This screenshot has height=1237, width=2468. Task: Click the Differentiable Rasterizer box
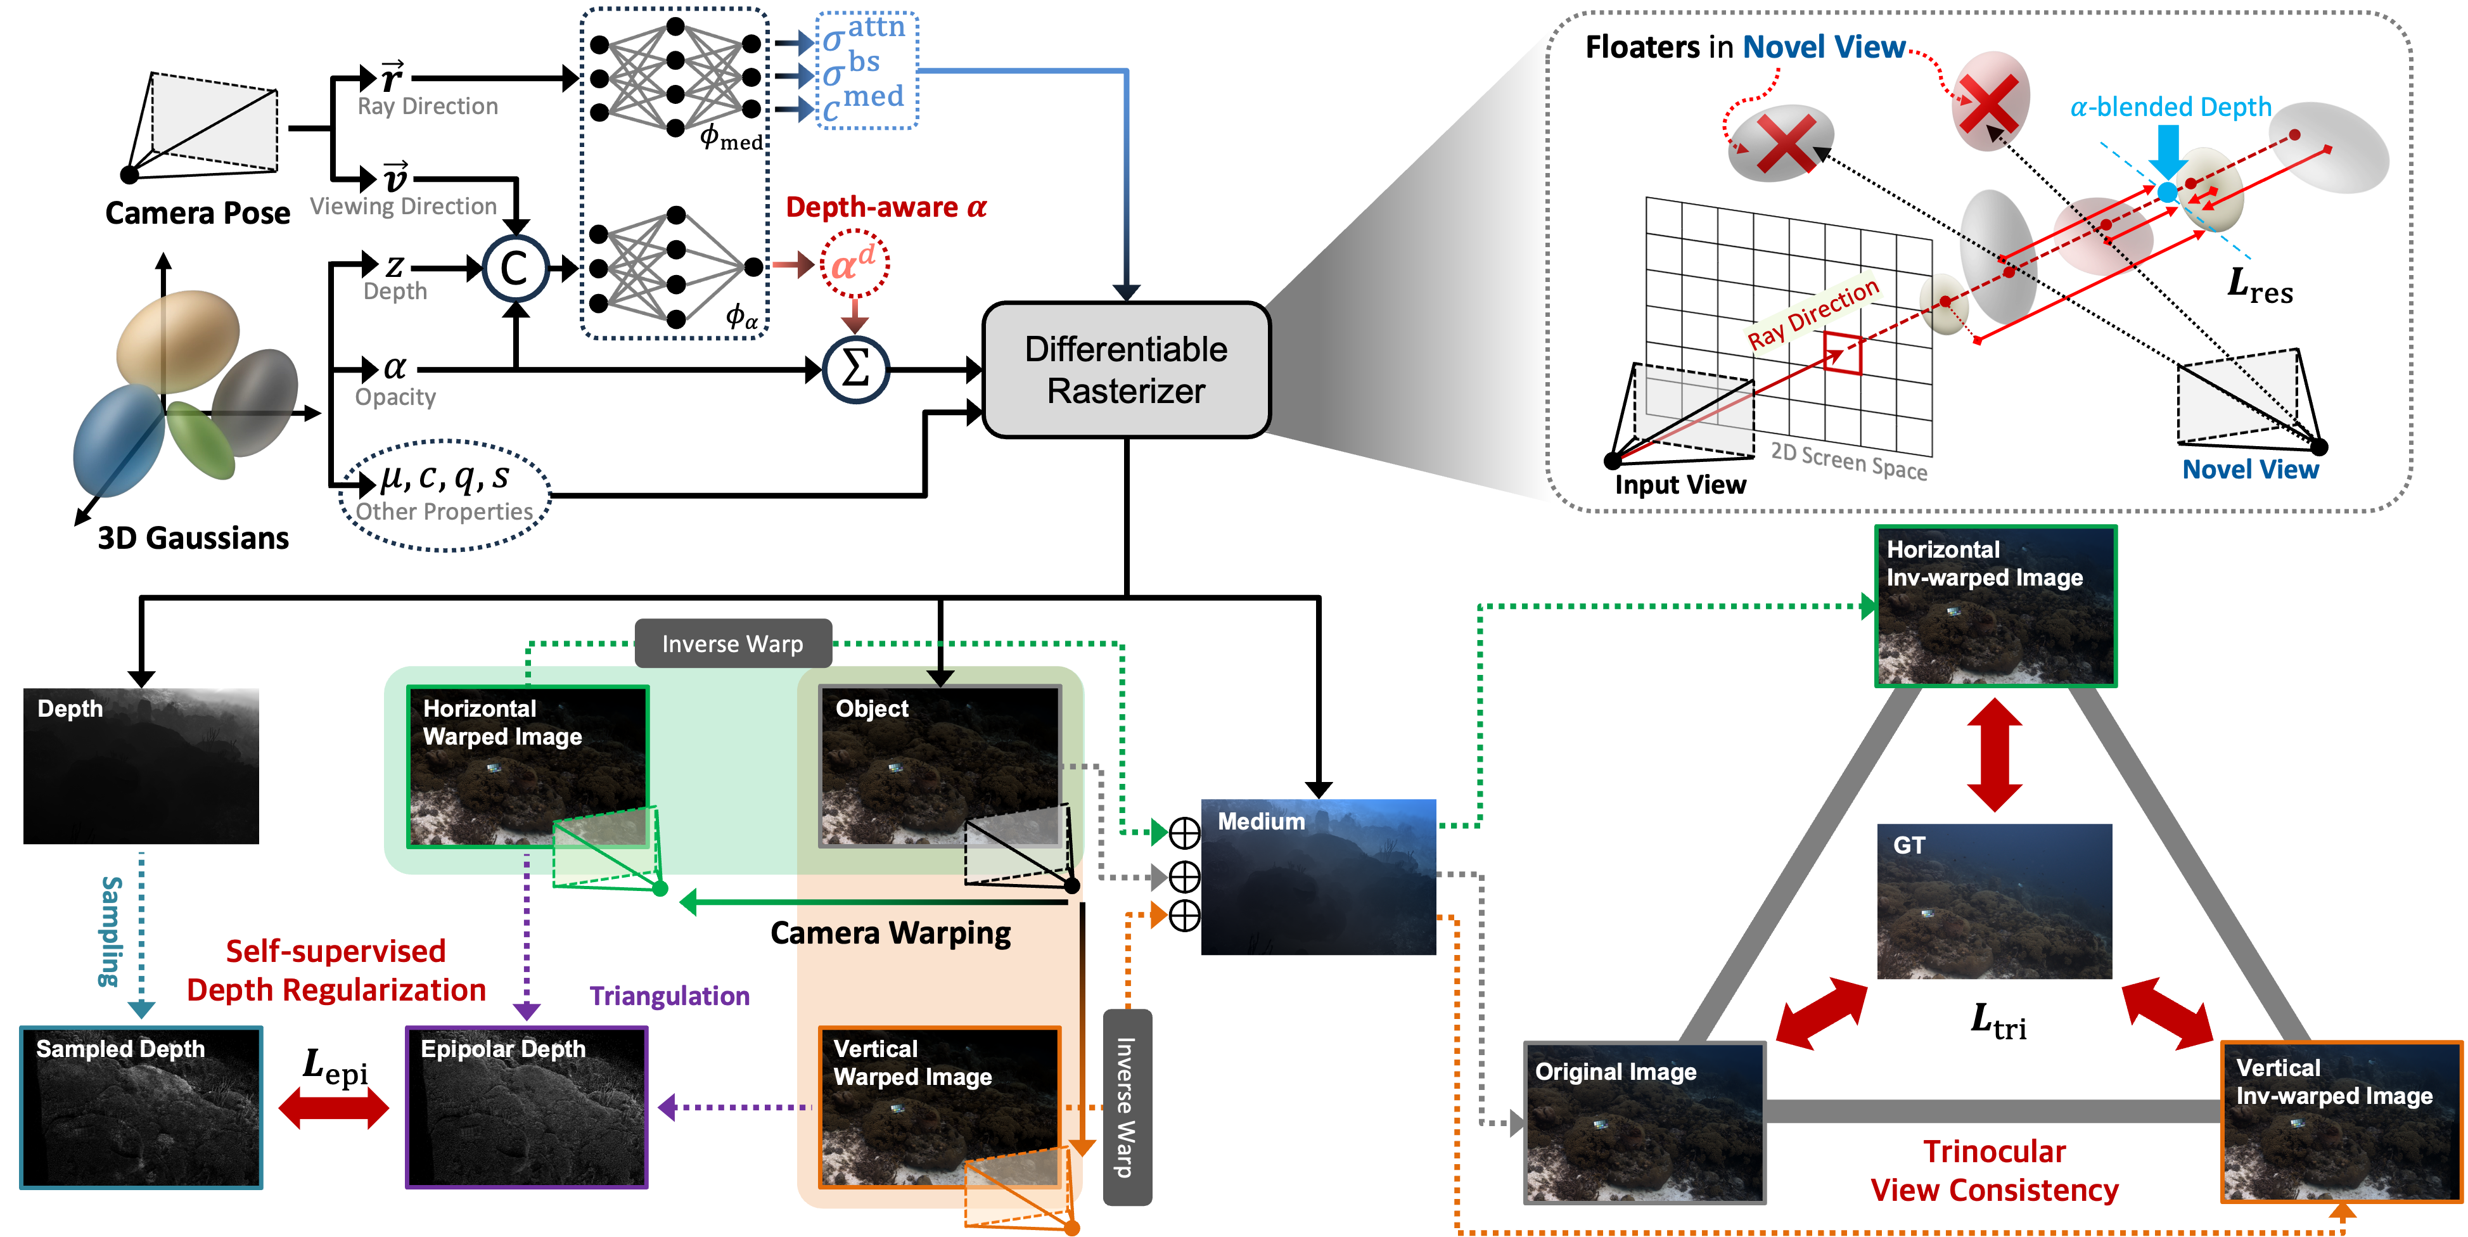pyautogui.click(x=1127, y=370)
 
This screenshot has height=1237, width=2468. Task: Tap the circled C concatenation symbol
pyautogui.click(x=515, y=268)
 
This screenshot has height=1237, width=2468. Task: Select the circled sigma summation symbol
pyautogui.click(x=855, y=369)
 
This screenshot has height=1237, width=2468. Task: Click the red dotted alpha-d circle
pyautogui.click(x=854, y=264)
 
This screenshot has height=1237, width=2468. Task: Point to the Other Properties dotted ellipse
pyautogui.click(x=445, y=496)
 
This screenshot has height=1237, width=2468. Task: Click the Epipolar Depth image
pyautogui.click(x=527, y=1108)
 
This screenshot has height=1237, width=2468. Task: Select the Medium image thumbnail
pyautogui.click(x=1319, y=876)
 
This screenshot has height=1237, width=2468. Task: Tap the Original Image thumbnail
pyautogui.click(x=1644, y=1123)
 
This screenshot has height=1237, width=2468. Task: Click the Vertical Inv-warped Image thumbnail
pyautogui.click(x=2341, y=1121)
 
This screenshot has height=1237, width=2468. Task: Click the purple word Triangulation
pyautogui.click(x=670, y=996)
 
